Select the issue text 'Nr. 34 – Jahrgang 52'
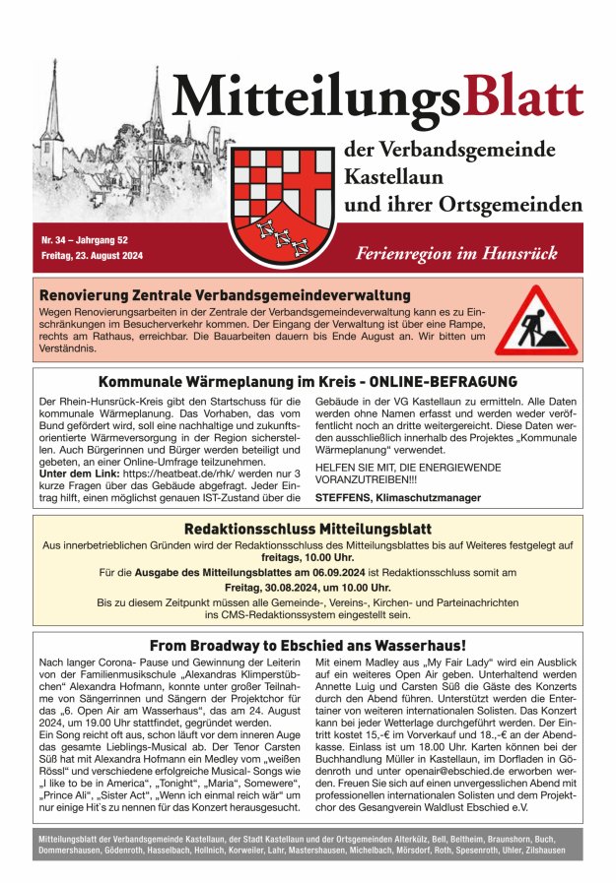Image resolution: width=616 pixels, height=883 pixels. [85, 240]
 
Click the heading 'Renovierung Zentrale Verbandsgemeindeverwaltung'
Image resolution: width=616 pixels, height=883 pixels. [224, 294]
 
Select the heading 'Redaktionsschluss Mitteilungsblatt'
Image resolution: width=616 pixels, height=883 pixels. [308, 529]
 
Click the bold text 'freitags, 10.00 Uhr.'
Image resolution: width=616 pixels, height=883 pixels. [308, 555]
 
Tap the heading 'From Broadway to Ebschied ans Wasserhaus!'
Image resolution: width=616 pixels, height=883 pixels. [308, 646]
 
